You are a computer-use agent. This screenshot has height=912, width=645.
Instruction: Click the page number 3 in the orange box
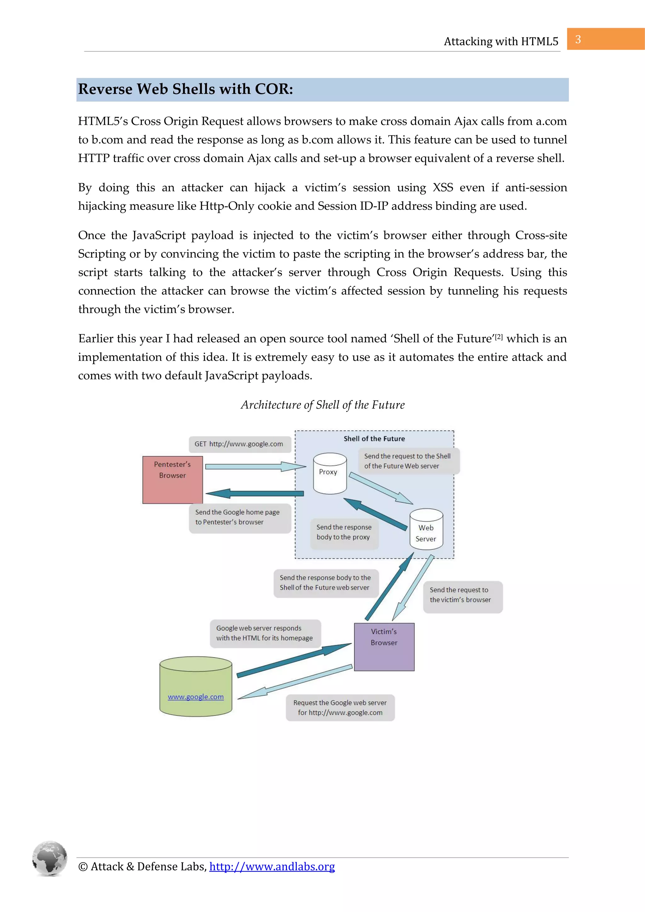tap(578, 39)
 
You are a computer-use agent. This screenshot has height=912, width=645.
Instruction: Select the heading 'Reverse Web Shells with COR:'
tap(186, 89)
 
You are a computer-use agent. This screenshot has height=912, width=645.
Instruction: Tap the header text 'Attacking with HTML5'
tap(501, 41)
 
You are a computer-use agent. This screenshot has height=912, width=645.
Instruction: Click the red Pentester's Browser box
tap(173, 480)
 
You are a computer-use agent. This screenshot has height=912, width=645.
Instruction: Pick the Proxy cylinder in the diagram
tap(329, 473)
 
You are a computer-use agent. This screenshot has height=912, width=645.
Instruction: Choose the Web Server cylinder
tap(426, 530)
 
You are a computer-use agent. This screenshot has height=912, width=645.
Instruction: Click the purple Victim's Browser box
tap(384, 647)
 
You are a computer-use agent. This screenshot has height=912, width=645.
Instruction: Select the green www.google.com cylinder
tap(196, 687)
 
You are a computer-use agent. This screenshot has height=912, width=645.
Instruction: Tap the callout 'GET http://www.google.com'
tap(240, 444)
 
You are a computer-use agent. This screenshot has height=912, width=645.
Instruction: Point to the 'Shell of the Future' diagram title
tap(374, 439)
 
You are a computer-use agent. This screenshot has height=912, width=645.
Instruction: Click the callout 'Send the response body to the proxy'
tap(344, 532)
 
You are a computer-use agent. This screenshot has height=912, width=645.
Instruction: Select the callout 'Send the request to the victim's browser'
tap(462, 595)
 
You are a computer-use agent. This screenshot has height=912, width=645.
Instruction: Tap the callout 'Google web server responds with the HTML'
tap(265, 633)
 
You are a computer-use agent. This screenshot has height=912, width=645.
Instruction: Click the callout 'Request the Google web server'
tap(340, 707)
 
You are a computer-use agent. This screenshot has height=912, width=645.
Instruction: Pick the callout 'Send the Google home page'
tap(240, 517)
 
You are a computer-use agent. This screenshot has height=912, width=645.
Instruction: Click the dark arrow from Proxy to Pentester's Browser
tap(254, 494)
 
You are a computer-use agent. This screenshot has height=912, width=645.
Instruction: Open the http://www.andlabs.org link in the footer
tap(272, 866)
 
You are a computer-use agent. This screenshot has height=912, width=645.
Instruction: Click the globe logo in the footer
tap(50, 858)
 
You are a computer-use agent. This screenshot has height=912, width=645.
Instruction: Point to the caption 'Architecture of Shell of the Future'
tap(323, 405)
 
